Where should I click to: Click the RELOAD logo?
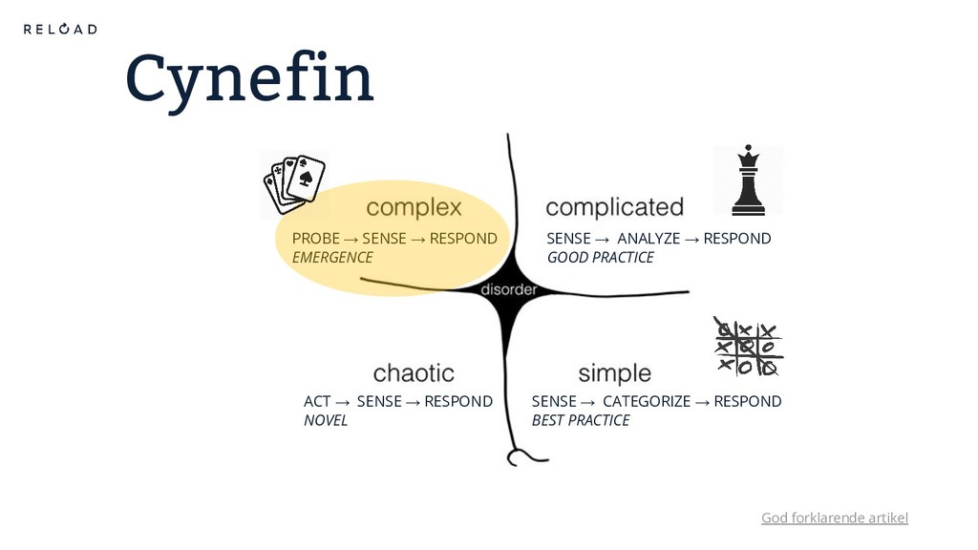tap(60, 29)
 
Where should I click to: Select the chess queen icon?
tap(748, 180)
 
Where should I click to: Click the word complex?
tap(414, 207)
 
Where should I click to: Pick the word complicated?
tap(614, 206)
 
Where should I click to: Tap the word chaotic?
tap(414, 371)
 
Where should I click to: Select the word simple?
tap(614, 372)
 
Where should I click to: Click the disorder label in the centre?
tap(507, 289)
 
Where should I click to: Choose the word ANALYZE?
tap(648, 238)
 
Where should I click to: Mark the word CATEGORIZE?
tap(646, 401)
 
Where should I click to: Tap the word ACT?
tap(316, 401)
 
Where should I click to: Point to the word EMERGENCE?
tap(332, 258)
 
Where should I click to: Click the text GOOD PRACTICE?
tap(600, 258)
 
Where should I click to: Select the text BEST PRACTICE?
tap(581, 420)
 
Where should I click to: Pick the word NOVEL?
tap(326, 420)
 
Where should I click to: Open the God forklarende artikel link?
tap(834, 518)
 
